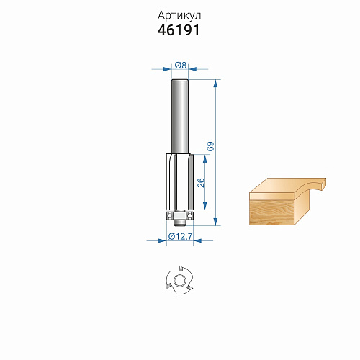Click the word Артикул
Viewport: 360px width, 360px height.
pos(179,16)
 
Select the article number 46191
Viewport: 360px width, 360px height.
pos(179,30)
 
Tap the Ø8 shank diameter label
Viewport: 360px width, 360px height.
pos(181,65)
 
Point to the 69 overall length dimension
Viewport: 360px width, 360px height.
pos(210,146)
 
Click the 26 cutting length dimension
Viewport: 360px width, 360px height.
pos(201,183)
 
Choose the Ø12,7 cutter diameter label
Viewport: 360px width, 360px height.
pos(180,236)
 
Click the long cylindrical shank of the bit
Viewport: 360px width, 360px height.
pos(179,117)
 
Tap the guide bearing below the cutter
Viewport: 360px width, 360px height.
pos(179,215)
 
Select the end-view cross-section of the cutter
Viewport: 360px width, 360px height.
pos(180,280)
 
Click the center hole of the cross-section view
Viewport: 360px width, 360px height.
pos(179,281)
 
